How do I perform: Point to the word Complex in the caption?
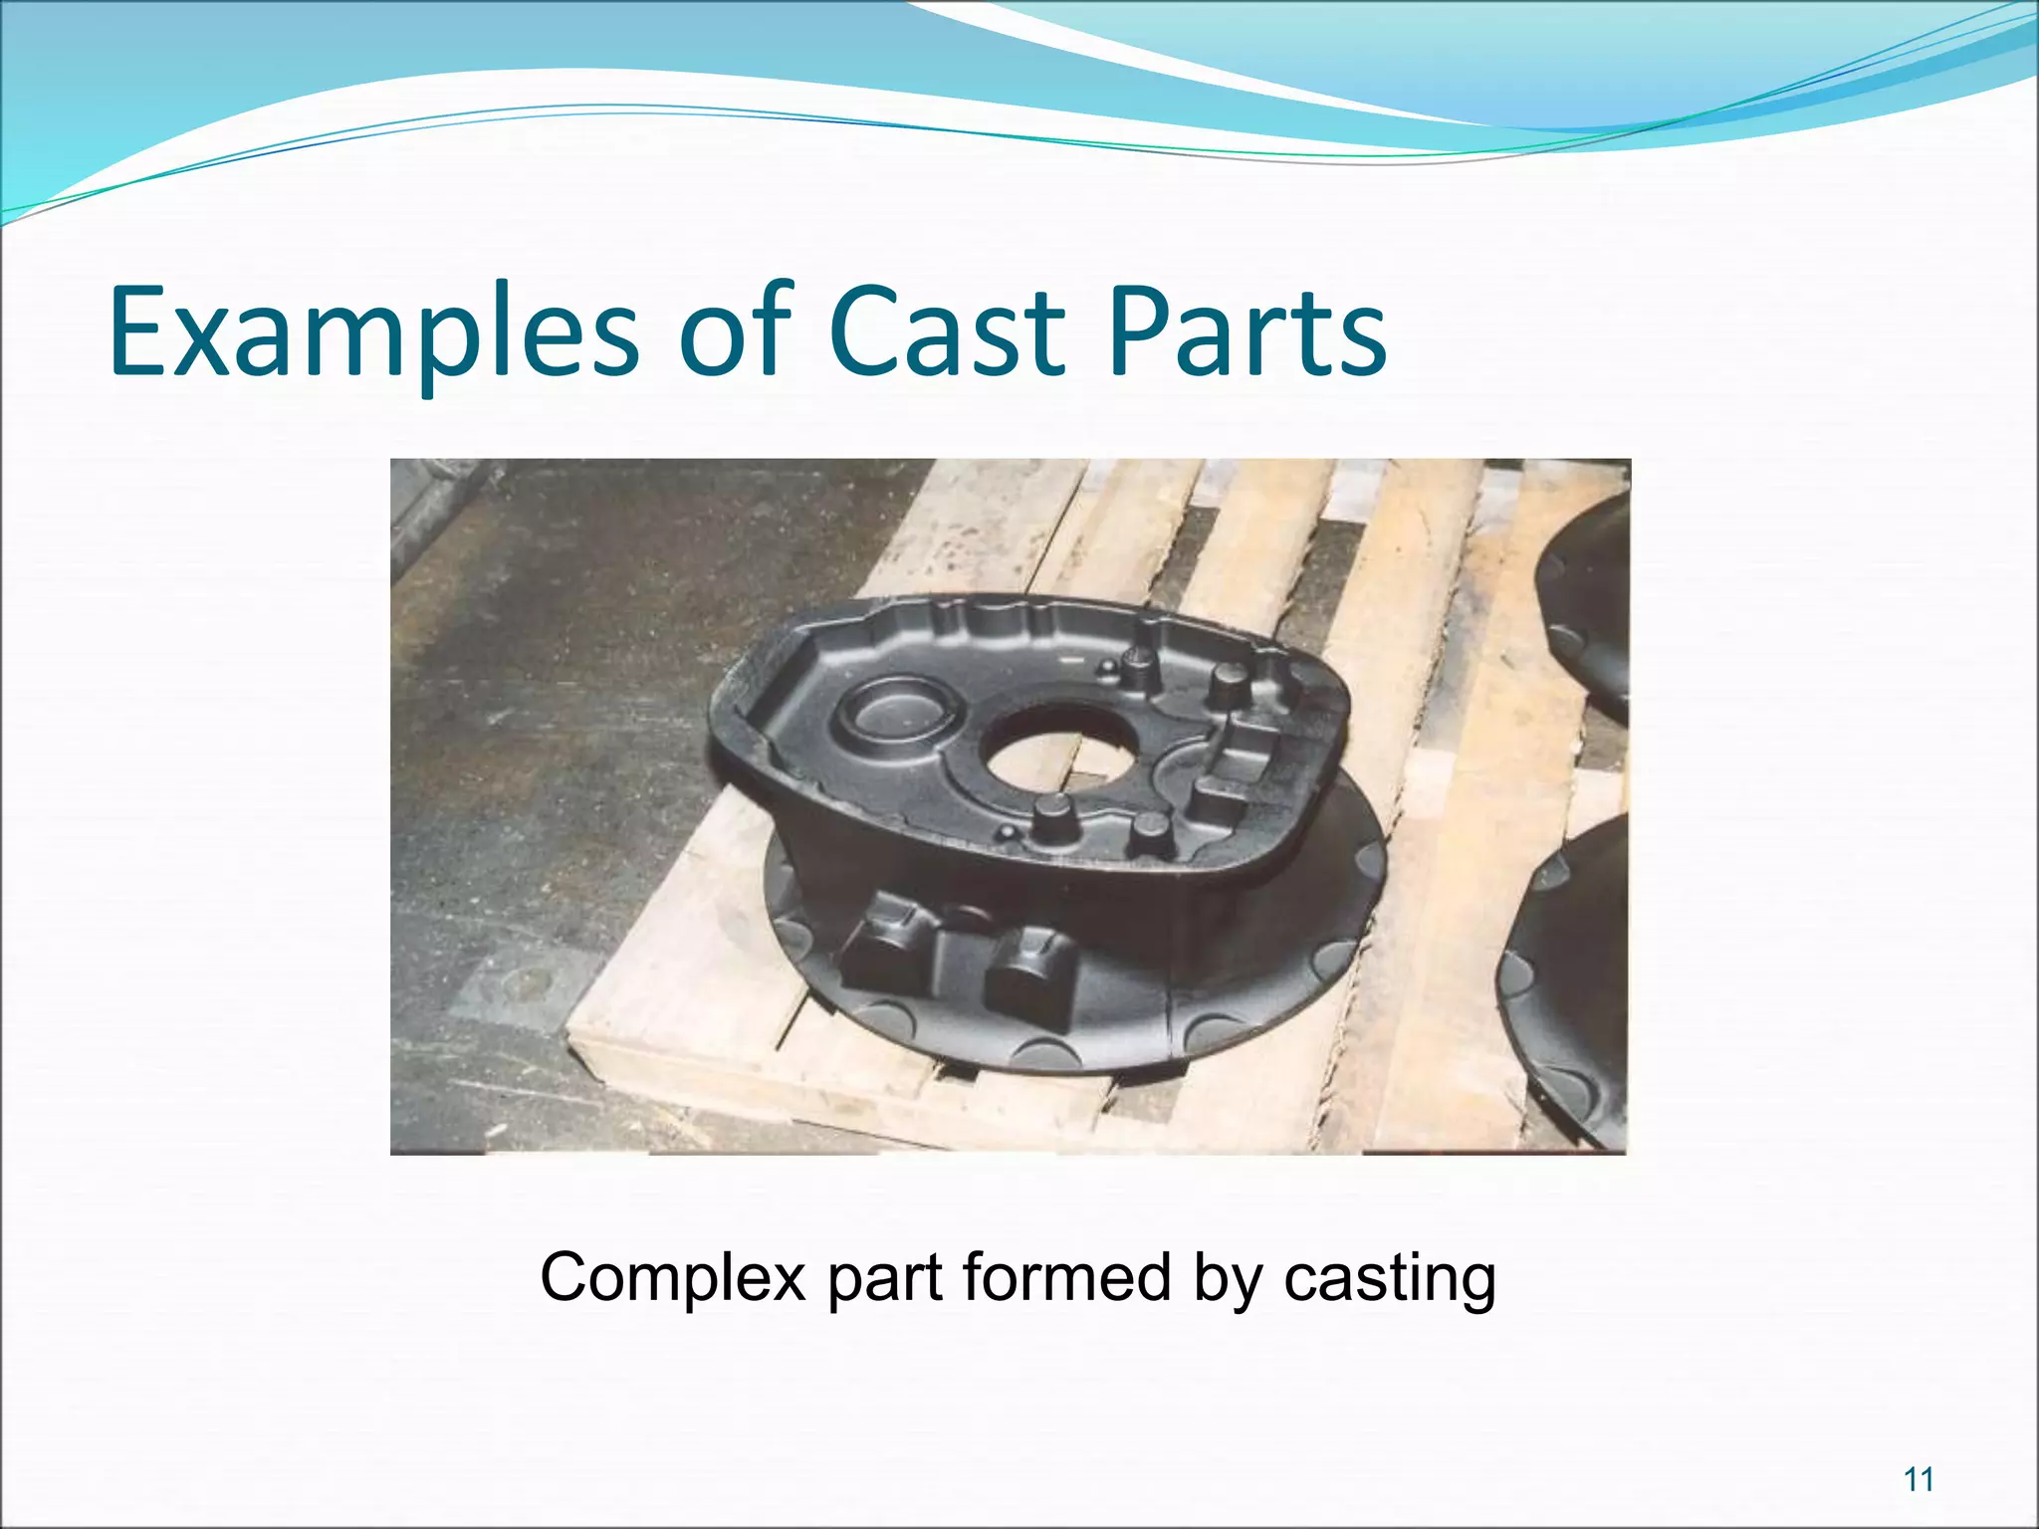(673, 1279)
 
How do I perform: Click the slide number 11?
(1919, 1479)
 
